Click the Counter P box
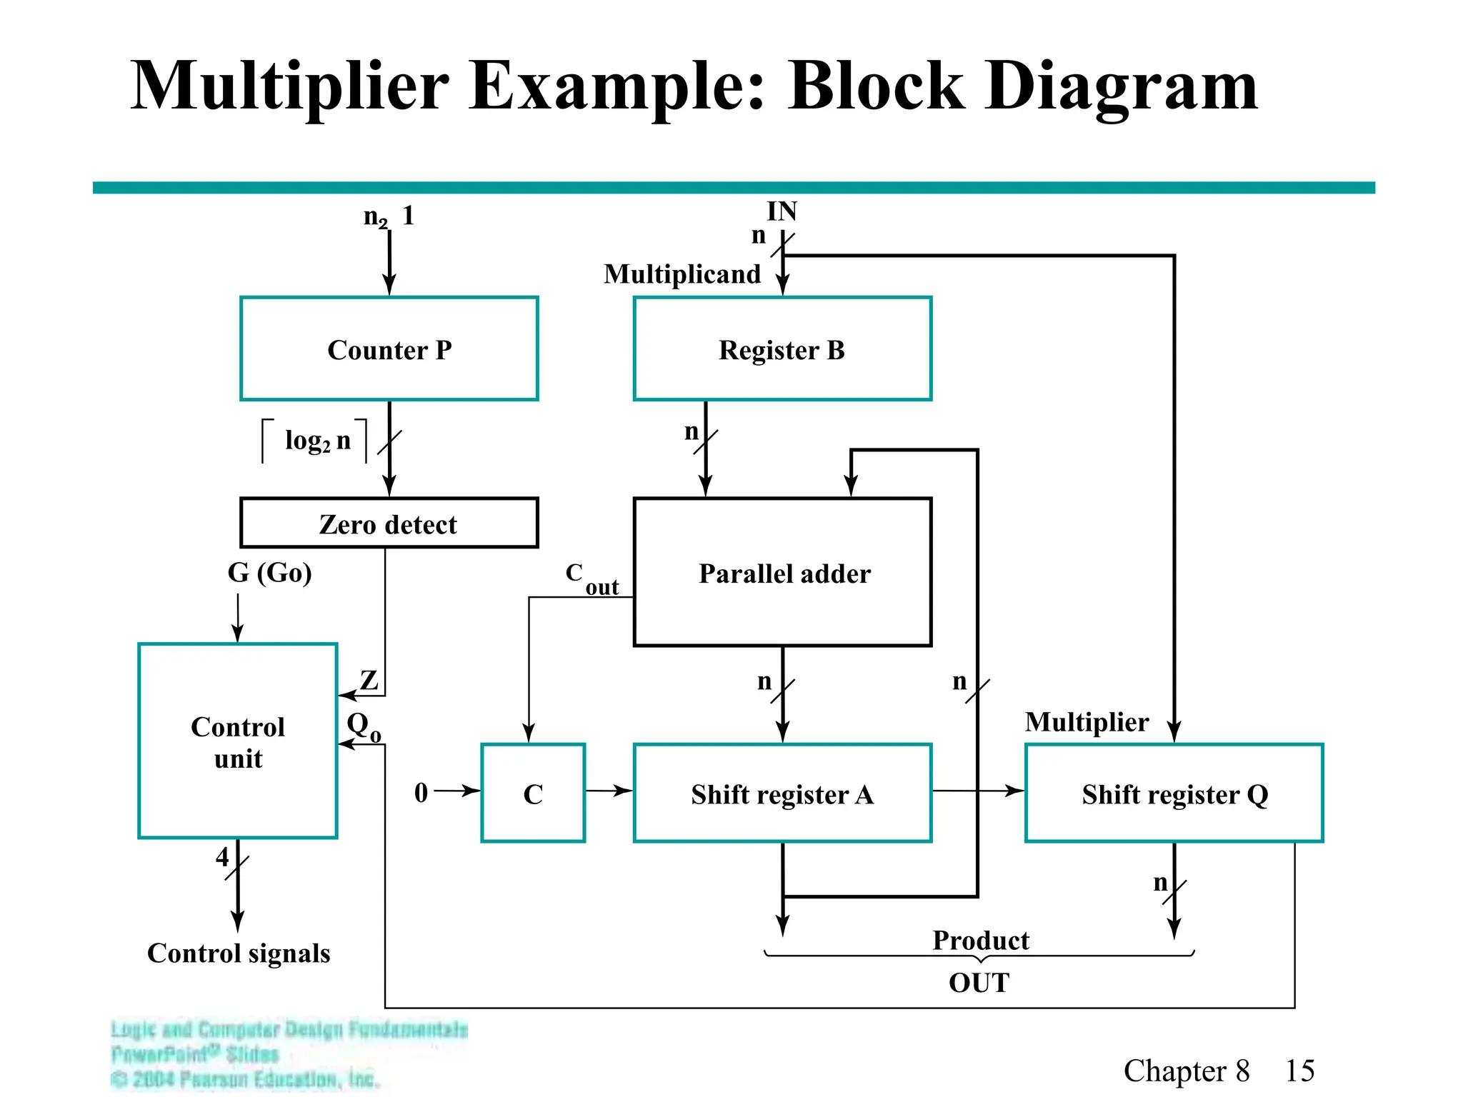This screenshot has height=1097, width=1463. [389, 349]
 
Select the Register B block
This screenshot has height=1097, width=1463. [782, 349]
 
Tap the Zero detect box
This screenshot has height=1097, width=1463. [389, 524]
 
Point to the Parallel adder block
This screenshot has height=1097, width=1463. [782, 573]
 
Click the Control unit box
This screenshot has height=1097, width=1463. [237, 741]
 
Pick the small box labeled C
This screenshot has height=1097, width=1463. [533, 793]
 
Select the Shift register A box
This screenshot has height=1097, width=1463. [782, 793]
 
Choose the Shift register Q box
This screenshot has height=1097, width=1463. [1174, 793]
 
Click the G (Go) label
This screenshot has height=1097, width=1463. [269, 573]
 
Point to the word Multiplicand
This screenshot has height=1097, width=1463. [682, 274]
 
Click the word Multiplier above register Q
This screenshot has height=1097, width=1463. [1087, 722]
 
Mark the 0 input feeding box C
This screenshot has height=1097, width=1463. [421, 792]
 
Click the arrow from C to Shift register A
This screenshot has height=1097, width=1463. [609, 791]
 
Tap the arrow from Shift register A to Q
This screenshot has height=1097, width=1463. [978, 791]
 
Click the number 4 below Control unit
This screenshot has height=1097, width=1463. [222, 856]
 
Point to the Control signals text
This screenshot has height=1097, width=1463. [239, 953]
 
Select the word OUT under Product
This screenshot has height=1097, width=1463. [979, 983]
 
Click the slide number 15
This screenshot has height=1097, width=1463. [1299, 1071]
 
